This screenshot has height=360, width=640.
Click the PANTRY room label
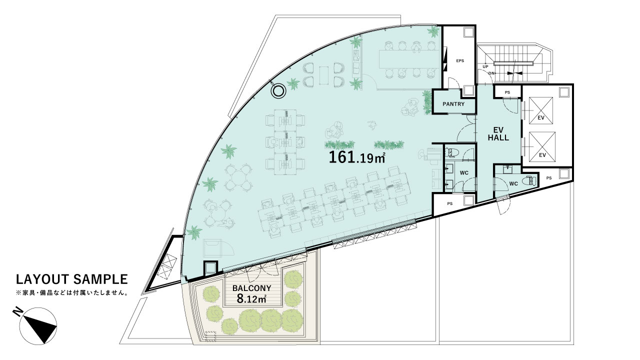click(453, 104)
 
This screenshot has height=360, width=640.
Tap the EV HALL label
click(498, 133)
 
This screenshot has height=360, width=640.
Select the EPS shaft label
click(460, 60)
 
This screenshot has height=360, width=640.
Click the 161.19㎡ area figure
click(357, 157)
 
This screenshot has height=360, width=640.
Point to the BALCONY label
click(251, 288)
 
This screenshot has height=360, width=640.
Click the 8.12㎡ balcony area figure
click(251, 299)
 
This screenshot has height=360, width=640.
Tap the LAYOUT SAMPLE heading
click(71, 279)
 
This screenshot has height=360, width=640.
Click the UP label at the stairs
click(485, 67)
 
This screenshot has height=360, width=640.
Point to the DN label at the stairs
click(491, 73)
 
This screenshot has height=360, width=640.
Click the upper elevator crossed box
click(541, 110)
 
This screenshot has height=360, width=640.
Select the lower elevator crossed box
click(542, 147)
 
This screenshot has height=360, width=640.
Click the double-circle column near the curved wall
click(278, 91)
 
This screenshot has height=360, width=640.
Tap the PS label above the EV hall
click(507, 92)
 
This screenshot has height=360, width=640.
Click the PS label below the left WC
click(449, 203)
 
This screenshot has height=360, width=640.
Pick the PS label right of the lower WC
click(549, 178)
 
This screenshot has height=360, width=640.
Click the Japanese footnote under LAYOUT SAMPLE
click(71, 293)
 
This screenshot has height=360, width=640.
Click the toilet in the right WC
click(529, 181)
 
